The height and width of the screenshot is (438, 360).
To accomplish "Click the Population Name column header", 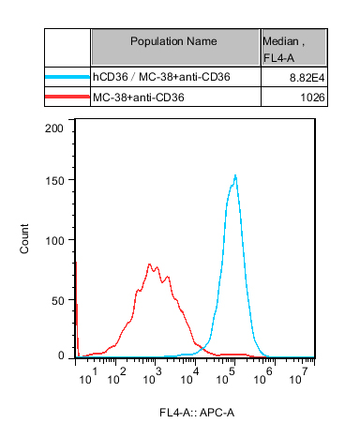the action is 173,41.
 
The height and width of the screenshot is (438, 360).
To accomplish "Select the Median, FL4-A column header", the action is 283,50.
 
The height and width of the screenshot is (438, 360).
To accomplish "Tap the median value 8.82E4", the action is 307,78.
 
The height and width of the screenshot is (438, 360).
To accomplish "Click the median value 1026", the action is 312,98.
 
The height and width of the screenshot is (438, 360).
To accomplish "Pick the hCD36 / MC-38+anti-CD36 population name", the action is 161,77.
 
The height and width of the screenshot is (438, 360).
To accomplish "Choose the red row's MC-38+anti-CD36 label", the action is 139,98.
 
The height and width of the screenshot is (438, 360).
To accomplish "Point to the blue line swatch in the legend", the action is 67,77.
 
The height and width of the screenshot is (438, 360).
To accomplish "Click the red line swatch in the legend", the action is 67,97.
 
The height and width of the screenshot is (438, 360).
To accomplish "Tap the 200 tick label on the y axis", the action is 54,128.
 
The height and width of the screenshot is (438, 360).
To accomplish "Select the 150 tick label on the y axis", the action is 54,181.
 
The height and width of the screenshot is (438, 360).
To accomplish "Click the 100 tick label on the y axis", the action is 54,241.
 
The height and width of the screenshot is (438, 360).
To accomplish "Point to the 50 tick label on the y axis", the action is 58,301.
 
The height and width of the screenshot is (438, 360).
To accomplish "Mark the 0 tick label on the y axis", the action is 61,355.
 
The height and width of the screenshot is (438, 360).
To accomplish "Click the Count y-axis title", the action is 24,238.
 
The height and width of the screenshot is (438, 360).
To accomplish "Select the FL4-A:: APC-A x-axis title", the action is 197,413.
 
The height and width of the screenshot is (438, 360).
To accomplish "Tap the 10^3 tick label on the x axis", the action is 152,376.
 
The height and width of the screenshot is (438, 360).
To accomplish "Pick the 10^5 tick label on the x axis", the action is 225,376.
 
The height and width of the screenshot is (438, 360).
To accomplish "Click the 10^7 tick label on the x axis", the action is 299,376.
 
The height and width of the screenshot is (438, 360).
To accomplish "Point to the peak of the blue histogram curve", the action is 235,175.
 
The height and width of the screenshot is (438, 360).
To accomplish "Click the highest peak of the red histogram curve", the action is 149,264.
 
